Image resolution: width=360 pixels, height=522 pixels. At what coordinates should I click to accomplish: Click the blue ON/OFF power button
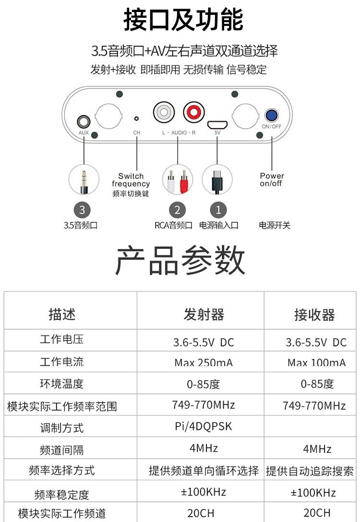(272, 115)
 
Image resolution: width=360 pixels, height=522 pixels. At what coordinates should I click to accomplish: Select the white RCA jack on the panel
(163, 113)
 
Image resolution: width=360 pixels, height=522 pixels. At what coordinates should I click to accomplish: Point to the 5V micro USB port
(217, 124)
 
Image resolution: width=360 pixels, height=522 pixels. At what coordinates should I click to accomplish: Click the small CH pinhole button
(136, 118)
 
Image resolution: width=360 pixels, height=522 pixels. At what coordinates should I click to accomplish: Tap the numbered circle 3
(82, 210)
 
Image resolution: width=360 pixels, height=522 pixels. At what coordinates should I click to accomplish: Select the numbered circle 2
(177, 210)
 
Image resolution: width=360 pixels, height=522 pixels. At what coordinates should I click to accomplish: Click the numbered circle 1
(218, 210)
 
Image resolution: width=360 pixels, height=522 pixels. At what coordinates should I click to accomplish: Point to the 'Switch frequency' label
(131, 180)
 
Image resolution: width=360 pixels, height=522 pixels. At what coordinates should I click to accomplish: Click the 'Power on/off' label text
(272, 179)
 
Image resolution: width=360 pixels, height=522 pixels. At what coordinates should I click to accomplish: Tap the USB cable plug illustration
(216, 180)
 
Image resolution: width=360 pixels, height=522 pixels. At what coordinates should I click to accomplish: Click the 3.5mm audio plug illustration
(84, 180)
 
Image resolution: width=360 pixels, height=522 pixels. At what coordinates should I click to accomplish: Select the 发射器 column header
(204, 315)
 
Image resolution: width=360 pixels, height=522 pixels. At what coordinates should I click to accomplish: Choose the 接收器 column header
(314, 315)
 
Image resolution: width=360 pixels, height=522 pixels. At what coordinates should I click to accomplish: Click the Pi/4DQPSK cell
(204, 426)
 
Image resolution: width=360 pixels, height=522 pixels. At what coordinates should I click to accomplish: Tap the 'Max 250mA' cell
(204, 362)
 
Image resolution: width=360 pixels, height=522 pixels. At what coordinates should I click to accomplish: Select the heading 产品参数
(180, 261)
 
